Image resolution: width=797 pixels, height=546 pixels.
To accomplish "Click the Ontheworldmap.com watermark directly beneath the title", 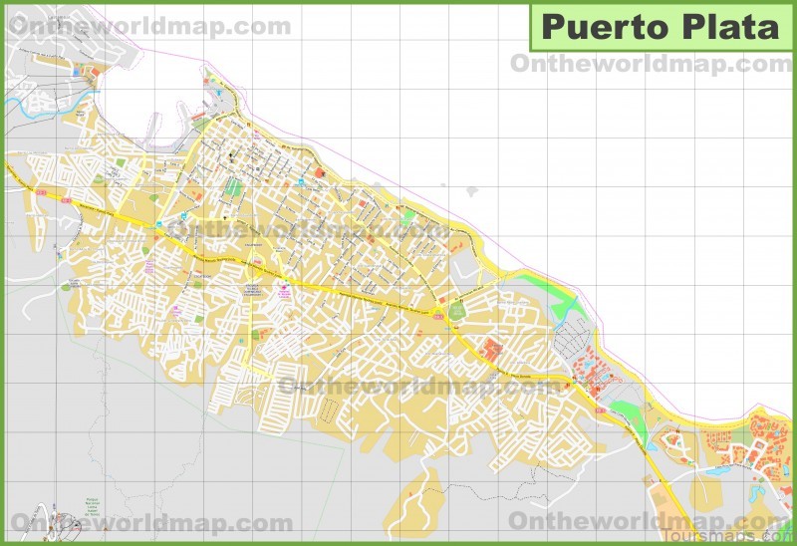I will (650, 64).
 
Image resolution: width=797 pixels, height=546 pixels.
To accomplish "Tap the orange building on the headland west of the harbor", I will (96, 72).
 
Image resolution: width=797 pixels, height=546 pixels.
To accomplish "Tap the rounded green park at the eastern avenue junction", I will (457, 311).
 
